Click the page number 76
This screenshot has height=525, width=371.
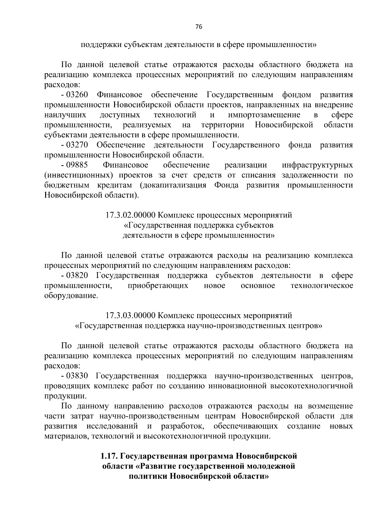[198, 27]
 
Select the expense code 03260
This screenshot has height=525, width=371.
[77, 95]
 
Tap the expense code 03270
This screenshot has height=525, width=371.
[77, 145]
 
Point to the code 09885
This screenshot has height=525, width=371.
[77, 165]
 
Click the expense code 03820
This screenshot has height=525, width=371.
[77, 276]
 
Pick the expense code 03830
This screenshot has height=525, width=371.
[77, 376]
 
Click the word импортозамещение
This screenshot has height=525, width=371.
[264, 115]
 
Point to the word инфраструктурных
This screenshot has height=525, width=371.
[318, 165]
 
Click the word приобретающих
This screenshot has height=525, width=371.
[158, 286]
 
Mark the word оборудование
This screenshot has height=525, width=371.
[71, 296]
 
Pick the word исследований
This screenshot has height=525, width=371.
[112, 426]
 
